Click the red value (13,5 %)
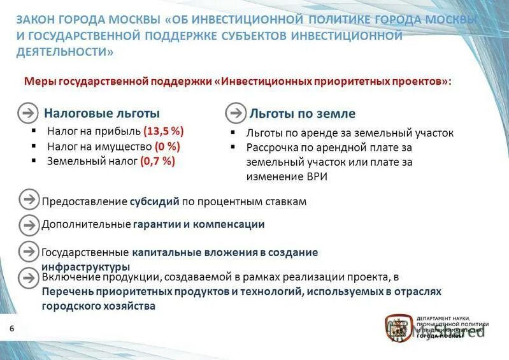coord(164,131)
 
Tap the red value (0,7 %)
coord(157,161)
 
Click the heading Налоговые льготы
coord(102,113)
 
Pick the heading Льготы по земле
coord(303,113)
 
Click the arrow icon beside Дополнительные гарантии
coord(29,224)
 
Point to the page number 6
coord(11,328)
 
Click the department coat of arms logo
coord(398,328)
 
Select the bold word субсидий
coord(155,201)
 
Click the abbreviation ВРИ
coord(316,176)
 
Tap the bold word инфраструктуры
coord(86,266)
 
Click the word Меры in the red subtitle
coord(39,82)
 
